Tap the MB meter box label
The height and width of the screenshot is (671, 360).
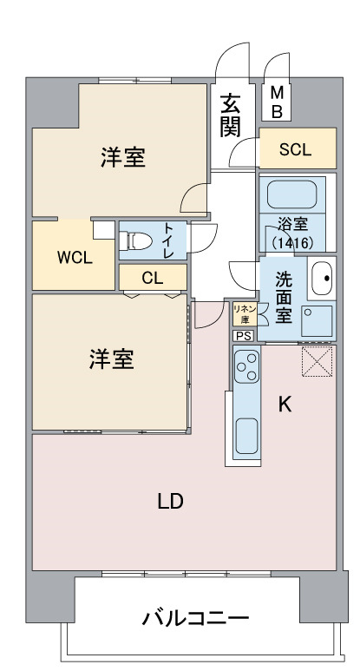tap(278, 102)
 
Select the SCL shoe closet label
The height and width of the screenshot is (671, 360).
tap(295, 149)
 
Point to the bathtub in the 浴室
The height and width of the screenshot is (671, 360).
tap(292, 194)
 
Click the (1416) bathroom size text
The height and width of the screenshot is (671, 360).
tap(293, 243)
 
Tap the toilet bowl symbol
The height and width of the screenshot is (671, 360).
tap(136, 241)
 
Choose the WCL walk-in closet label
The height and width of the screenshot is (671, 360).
tap(75, 258)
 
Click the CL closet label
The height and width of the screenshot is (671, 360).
tap(152, 278)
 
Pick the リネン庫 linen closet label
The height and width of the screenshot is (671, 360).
tap(245, 313)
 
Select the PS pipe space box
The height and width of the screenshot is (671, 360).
tap(244, 336)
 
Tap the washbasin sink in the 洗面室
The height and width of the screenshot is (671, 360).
tap(322, 278)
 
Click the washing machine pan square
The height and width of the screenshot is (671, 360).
tap(317, 321)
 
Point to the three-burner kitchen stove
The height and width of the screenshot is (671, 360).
tap(246, 366)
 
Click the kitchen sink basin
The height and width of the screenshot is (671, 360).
tap(246, 436)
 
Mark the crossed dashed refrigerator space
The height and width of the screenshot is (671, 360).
tap(317, 362)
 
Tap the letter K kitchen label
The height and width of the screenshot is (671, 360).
tap(285, 404)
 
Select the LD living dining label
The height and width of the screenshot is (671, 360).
tap(170, 501)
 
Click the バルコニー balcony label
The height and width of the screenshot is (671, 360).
tap(195, 618)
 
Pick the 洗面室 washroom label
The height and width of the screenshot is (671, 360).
tap(284, 298)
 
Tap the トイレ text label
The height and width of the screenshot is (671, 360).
tap(169, 240)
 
